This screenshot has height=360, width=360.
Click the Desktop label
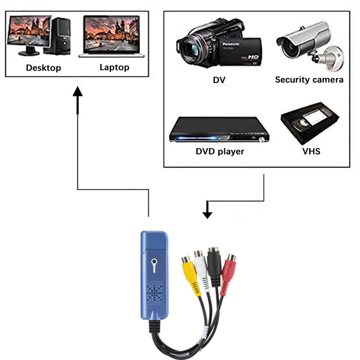[x=43, y=68]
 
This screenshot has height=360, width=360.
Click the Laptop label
[x=114, y=67]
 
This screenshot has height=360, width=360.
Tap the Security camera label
[x=309, y=80]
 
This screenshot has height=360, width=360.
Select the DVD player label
[x=220, y=151]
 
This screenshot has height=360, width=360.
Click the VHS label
[x=311, y=151]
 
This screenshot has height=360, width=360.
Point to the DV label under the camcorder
[x=219, y=80]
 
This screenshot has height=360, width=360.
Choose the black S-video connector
[x=215, y=265]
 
